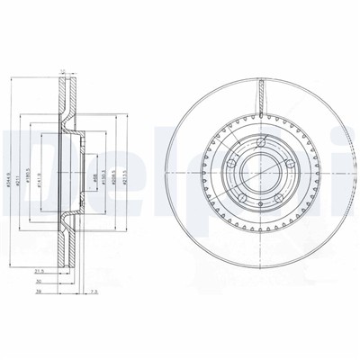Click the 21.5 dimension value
[x=39, y=270]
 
